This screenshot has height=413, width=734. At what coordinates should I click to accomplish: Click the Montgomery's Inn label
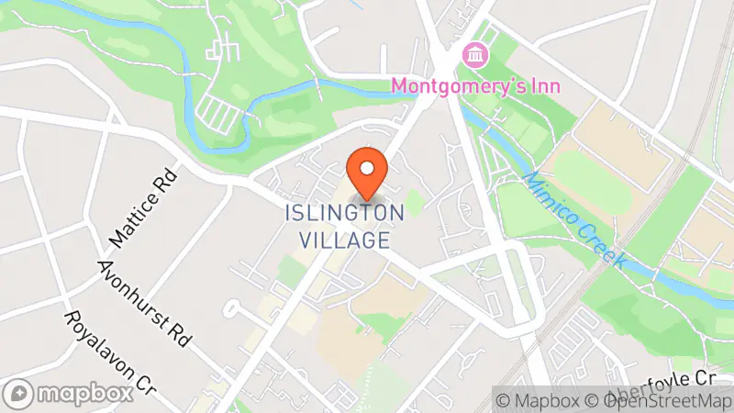tap(477, 86)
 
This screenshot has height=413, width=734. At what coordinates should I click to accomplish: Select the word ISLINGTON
tap(344, 214)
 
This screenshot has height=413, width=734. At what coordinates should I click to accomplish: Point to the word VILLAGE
tap(344, 240)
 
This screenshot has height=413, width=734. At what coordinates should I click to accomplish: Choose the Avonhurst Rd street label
tap(145, 299)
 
